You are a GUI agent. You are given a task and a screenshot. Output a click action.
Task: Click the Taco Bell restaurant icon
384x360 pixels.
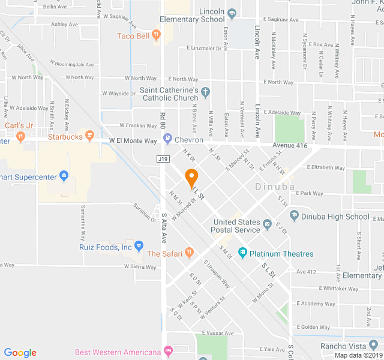156,36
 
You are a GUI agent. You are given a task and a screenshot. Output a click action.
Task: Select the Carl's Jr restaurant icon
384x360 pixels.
20,137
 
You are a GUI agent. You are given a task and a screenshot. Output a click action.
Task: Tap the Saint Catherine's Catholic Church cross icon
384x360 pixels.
206,94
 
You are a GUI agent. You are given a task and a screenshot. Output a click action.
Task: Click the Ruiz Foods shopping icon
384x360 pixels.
139,246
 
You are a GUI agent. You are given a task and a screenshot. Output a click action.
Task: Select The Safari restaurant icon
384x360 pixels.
190,253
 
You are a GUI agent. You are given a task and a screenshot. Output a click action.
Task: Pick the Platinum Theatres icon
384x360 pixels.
242,253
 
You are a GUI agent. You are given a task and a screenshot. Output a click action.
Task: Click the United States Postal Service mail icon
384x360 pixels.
267,226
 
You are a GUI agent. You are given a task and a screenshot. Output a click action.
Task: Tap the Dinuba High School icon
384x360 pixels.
294,216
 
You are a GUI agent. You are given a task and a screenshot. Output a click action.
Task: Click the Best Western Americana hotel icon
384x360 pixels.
169,351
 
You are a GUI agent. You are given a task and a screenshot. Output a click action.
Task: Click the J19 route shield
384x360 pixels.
162,159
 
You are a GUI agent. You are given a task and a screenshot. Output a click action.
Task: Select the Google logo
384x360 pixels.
20,353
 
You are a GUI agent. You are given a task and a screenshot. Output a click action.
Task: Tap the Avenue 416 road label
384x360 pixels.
290,145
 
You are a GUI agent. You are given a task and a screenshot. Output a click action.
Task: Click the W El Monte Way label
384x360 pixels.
133,141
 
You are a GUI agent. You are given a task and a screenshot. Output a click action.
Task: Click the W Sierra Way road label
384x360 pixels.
140,266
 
